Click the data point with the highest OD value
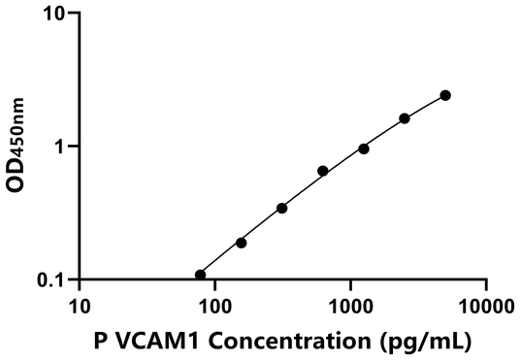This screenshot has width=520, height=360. pyautogui.click(x=445, y=95)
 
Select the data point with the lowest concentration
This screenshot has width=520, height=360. pyautogui.click(x=201, y=275)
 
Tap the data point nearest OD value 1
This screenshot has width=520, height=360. pyautogui.click(x=364, y=148)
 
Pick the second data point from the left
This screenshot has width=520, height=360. pyautogui.click(x=241, y=243)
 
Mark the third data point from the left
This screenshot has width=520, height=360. pyautogui.click(x=282, y=208)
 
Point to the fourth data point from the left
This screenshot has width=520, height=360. pyautogui.click(x=323, y=171)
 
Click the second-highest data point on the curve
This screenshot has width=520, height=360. pyautogui.click(x=405, y=118)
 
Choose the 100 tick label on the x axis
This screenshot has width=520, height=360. pyautogui.click(x=214, y=307)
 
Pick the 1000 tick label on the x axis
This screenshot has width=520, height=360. pyautogui.click(x=349, y=307)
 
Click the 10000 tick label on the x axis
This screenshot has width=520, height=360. pyautogui.click(x=484, y=307)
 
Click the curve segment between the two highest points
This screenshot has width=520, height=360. pyautogui.click(x=425, y=106)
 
